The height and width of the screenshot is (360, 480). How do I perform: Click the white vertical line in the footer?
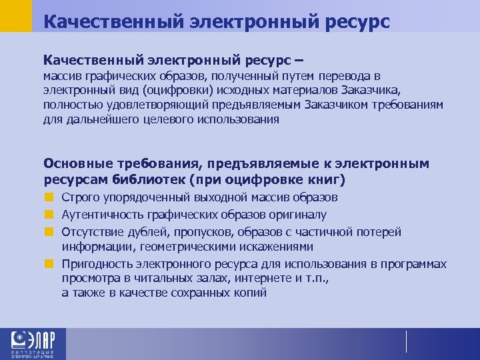(406, 341)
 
